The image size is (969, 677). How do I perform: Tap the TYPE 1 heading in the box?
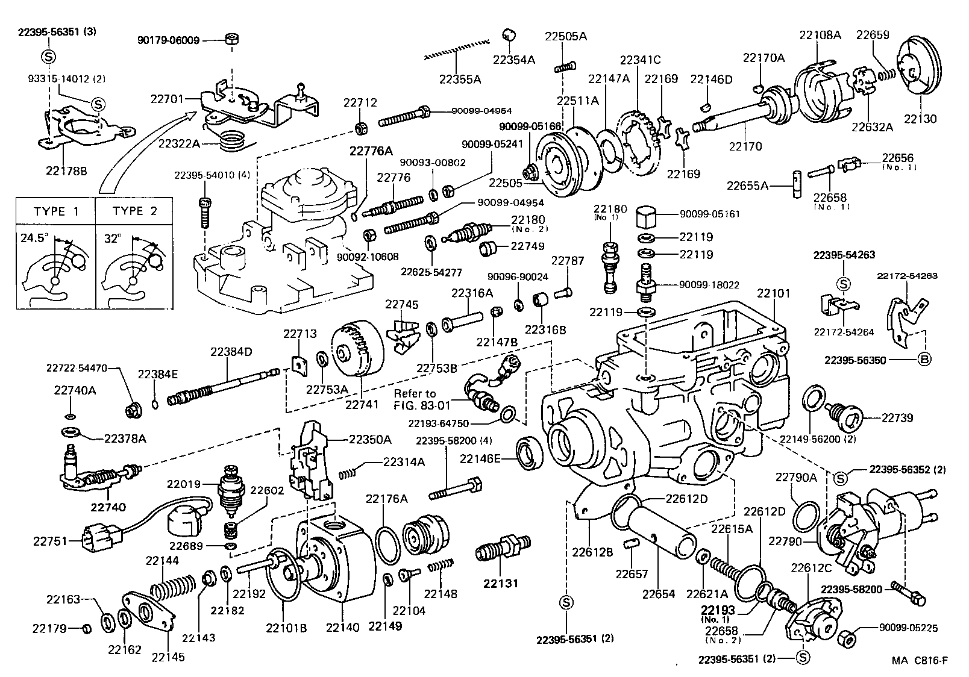pos(57,211)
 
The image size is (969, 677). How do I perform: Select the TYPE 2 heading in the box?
pos(135,211)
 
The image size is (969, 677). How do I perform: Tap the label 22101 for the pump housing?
pos(773,294)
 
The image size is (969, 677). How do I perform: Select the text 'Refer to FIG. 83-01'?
pos(415,399)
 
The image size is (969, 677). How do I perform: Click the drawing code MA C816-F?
pos(920,661)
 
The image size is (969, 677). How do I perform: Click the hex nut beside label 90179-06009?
pos(231,39)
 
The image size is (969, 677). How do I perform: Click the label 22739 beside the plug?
pos(897,417)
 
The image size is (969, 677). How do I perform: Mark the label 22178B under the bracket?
pos(66,170)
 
